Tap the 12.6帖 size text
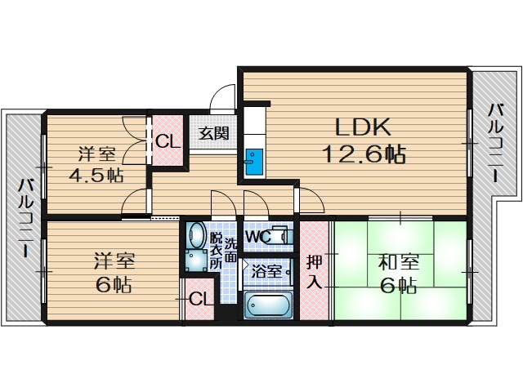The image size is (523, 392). (x=364, y=154)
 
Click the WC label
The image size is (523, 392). (x=259, y=238)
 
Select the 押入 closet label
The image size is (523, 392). (x=315, y=272)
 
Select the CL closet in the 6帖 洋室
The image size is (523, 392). (x=198, y=298)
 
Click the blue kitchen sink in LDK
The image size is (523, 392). (x=253, y=159)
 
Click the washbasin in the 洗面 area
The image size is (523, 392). (x=195, y=235)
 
